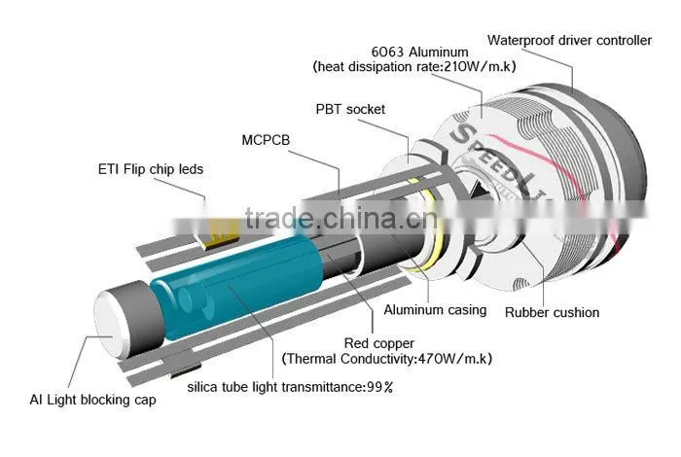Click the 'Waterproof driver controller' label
[569, 41]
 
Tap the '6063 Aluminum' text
[419, 53]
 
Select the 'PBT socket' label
[350, 109]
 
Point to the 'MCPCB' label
[266, 140]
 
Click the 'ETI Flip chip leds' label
[151, 169]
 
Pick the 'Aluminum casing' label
[435, 310]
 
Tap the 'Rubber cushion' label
[552, 312]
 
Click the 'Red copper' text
[379, 343]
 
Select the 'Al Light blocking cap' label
[93, 400]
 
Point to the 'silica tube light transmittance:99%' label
[290, 387]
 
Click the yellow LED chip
[222, 234]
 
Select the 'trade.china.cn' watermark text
[340, 218]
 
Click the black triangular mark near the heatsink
[481, 192]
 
